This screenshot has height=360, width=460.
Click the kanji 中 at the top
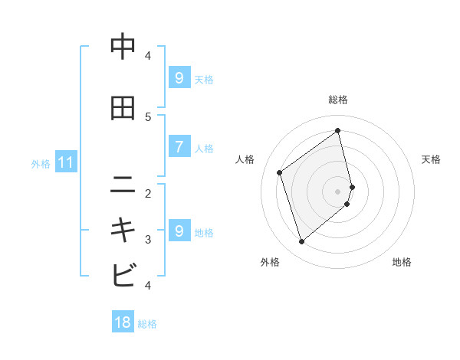pos(123,47)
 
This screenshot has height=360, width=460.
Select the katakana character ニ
pos(123,184)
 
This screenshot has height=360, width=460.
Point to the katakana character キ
pos(123,230)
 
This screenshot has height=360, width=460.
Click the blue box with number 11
pos(65,162)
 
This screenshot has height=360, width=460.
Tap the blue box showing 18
pos(123,322)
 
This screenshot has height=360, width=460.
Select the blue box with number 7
pos(179,147)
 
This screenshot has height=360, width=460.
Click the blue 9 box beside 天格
pos(179,78)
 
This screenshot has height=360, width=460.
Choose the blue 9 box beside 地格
pos(179,231)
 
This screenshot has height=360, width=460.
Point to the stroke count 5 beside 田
pos(148,116)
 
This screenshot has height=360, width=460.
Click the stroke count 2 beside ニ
pos(148,193)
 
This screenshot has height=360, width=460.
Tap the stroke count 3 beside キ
pos(148,240)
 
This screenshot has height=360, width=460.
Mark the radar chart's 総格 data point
pos(338,130)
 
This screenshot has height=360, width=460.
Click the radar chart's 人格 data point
pos(280,172)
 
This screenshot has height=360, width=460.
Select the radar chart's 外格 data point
pos(301,242)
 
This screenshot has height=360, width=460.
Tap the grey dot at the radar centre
pos(338,191)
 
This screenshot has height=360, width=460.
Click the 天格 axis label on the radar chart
pos(431,159)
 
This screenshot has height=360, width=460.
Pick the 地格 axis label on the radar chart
pos(402,262)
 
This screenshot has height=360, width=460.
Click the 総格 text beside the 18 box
pos(147,324)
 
